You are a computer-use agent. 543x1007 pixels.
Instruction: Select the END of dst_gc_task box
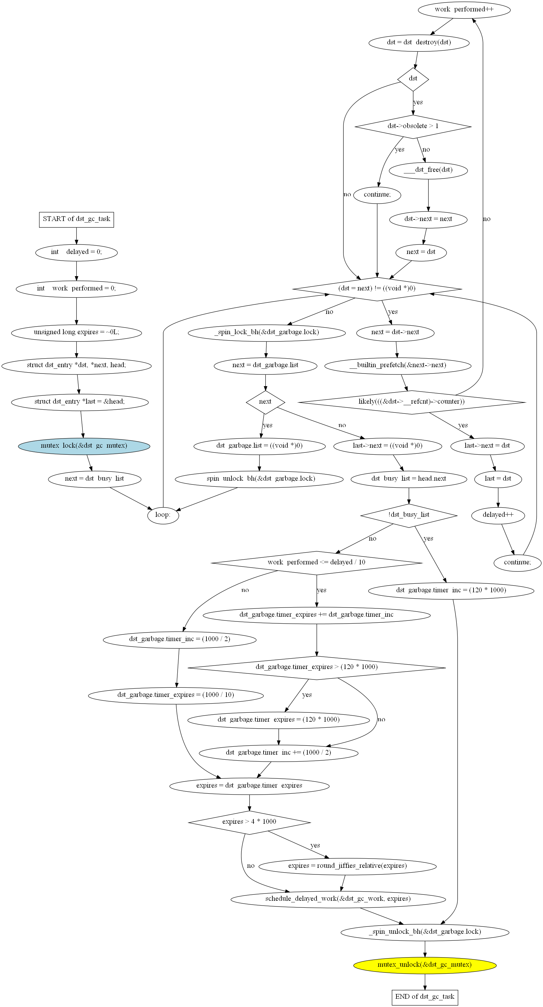(425, 997)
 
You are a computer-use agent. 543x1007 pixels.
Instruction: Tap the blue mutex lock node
(84, 446)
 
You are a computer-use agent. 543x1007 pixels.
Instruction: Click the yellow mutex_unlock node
(425, 965)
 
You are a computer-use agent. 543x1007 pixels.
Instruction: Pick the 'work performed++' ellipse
(464, 10)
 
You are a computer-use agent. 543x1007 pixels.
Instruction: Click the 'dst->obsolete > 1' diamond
(413, 126)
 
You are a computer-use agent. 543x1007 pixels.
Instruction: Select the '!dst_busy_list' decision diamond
(409, 515)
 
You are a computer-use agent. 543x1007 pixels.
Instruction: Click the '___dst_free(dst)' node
(428, 170)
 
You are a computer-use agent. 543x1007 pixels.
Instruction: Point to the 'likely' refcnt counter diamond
(412, 402)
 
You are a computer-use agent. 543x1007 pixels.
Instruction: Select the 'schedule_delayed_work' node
(338, 899)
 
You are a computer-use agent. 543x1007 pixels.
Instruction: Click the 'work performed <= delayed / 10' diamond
(317, 562)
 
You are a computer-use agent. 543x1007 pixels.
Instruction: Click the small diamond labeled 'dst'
(413, 79)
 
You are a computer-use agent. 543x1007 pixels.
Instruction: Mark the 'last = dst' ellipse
(498, 479)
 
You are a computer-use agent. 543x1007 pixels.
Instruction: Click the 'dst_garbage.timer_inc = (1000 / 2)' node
(180, 640)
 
